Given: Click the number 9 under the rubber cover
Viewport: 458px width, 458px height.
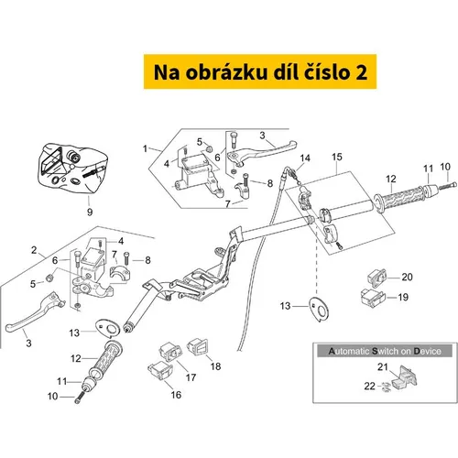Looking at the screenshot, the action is tap(90, 212).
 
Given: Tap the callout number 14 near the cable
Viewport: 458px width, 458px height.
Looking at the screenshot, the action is tap(305, 158).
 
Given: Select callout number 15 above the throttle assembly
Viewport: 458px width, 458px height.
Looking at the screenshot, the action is tap(337, 157).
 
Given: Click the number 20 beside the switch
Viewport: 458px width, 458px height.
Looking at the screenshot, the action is tap(407, 277).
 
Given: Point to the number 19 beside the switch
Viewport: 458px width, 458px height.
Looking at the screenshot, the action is tap(403, 297).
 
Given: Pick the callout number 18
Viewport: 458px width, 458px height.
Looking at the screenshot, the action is tap(215, 366).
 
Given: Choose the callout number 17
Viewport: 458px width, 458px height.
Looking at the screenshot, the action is tap(191, 377).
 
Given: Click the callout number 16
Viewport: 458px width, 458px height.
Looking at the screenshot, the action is tap(176, 395).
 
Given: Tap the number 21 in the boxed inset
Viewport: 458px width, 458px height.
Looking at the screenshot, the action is tap(383, 367).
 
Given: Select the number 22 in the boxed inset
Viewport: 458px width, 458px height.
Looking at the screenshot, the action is tap(369, 387).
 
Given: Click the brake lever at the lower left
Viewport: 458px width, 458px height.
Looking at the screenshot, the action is tap(34, 312).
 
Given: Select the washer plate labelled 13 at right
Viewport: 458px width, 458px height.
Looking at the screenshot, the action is tap(319, 310).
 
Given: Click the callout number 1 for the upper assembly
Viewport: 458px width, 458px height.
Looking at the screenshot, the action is tap(145, 148).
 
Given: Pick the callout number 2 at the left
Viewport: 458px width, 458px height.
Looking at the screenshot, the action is tap(34, 250).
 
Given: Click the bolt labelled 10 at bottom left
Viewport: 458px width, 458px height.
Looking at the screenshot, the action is tap(79, 398).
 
